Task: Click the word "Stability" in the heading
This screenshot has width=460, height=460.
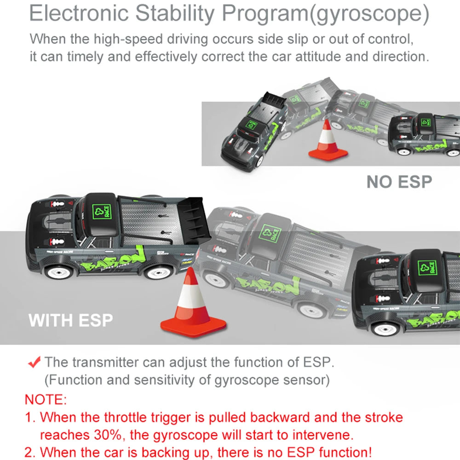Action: pyautogui.click(x=175, y=13)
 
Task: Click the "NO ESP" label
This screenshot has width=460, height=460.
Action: pyautogui.click(x=399, y=182)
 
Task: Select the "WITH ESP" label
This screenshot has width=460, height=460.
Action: pyautogui.click(x=71, y=320)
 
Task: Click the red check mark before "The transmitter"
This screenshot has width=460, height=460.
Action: pyautogui.click(x=34, y=362)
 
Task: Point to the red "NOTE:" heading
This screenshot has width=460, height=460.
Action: pyautogui.click(x=46, y=400)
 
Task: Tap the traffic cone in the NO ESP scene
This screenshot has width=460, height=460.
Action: pyautogui.click(x=328, y=141)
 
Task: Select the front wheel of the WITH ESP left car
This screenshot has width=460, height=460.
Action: pyautogui.click(x=59, y=272)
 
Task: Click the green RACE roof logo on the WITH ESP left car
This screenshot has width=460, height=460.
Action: pyautogui.click(x=102, y=212)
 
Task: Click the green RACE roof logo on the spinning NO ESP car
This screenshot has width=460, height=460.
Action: pyautogui.click(x=252, y=124)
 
